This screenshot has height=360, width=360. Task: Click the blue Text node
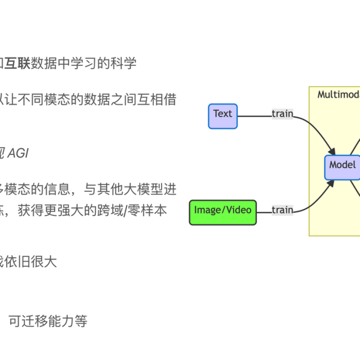222,116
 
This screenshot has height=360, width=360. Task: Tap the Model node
343,165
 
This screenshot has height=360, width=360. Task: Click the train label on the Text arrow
282,114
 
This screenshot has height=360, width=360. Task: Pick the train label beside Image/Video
282,210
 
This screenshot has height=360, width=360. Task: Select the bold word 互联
18,63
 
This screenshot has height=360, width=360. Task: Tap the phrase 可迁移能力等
48,321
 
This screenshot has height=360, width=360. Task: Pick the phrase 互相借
159,99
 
